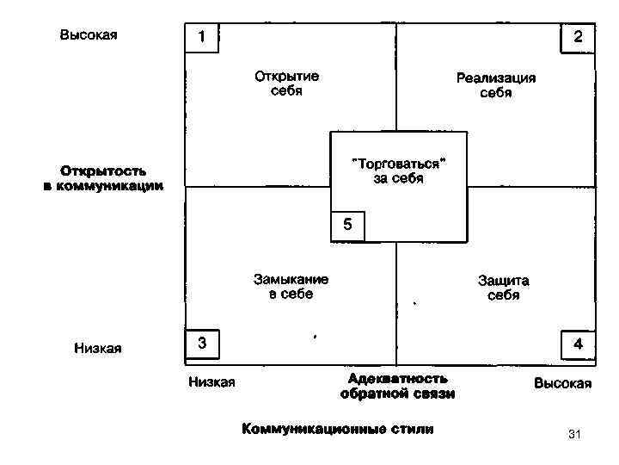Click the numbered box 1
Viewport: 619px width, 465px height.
pos(202,38)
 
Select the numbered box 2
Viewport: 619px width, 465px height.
pos(578,37)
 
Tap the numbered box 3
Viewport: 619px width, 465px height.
pos(202,343)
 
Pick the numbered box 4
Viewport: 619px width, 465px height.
pos(578,344)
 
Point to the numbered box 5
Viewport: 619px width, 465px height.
pos(347,226)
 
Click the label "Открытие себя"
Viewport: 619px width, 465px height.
pos(286,83)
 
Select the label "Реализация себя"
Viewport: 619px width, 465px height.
pos(495,84)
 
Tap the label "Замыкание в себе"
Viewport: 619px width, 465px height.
pos(291,287)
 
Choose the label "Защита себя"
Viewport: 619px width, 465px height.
pos(503,288)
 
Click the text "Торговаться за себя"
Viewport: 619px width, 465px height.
pos(398,170)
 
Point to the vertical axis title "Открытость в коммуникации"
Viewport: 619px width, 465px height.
pos(102,178)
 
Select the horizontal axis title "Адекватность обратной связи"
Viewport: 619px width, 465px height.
pos(397,386)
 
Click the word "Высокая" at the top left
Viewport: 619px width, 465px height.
pos(89,35)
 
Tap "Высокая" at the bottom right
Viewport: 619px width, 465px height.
pos(562,383)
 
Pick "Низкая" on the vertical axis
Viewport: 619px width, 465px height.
pos(97,348)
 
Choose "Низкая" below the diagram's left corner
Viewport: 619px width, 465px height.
pos(211,382)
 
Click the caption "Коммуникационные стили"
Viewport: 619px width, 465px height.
pos(337,428)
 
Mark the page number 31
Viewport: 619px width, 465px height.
pos(575,435)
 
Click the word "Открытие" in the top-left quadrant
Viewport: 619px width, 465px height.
pos(286,76)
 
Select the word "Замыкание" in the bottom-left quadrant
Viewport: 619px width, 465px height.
pos(291,279)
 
